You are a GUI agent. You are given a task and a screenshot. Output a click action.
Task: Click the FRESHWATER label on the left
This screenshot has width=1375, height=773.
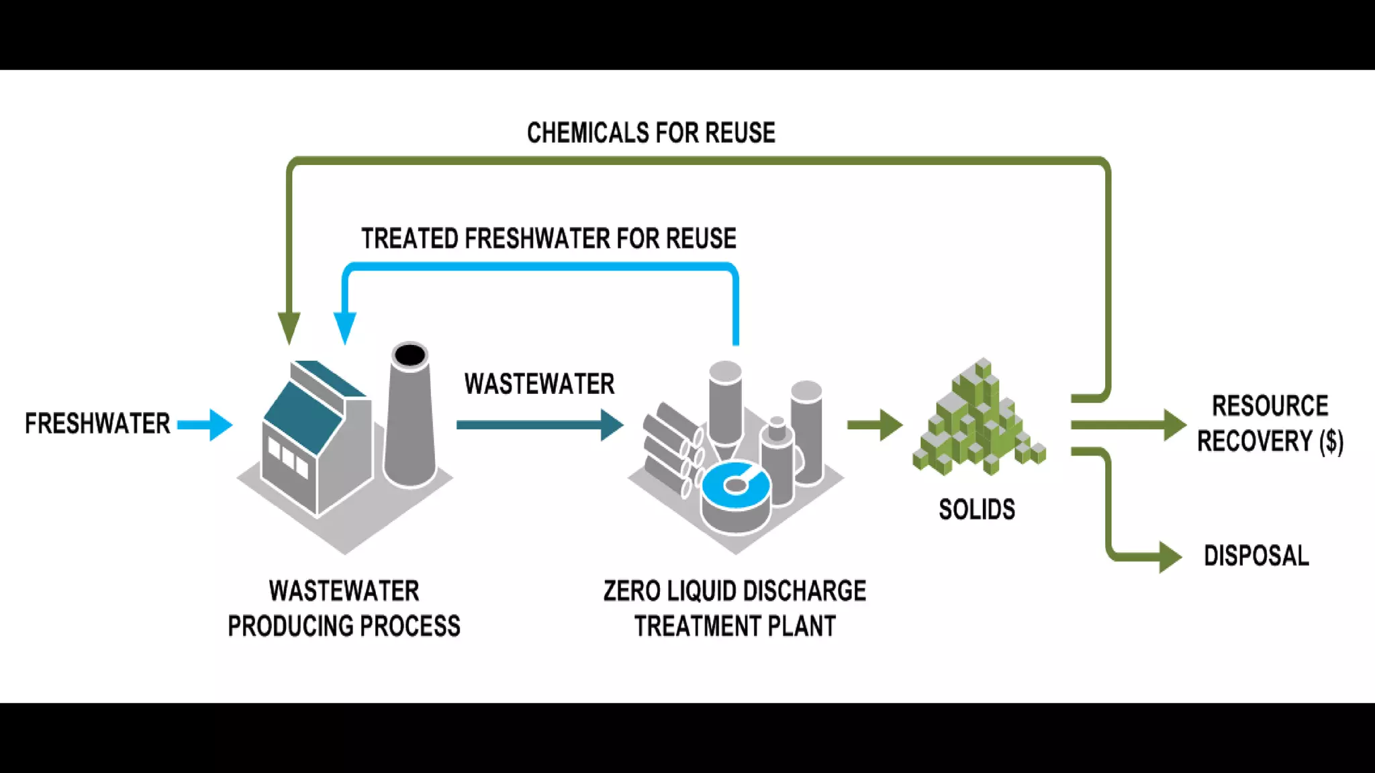(97, 424)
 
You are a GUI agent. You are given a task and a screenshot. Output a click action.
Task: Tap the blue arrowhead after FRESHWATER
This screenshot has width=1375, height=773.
(220, 425)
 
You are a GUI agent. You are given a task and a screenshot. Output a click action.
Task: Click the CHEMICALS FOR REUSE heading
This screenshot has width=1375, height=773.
(651, 133)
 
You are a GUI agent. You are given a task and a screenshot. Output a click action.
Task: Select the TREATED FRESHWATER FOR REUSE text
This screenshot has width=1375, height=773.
(549, 239)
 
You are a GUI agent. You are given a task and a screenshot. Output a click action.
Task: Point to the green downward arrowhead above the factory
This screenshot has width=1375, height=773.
(289, 327)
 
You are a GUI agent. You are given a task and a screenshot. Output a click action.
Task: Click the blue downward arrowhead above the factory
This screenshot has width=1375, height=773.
(345, 327)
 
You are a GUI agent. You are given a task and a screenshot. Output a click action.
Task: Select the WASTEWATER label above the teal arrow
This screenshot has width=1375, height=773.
(539, 384)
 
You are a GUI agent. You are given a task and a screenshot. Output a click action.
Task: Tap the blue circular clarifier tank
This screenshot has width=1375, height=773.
(736, 485)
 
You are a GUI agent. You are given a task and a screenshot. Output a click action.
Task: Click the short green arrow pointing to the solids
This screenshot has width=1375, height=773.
(874, 425)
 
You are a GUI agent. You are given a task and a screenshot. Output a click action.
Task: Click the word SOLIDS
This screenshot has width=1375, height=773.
(976, 510)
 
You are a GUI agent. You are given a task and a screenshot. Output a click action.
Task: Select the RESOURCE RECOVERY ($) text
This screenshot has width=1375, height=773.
(1270, 424)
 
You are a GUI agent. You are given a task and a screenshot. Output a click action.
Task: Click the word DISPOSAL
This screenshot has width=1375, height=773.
(1256, 556)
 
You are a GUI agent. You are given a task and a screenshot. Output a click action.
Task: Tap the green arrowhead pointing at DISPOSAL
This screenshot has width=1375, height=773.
(1169, 556)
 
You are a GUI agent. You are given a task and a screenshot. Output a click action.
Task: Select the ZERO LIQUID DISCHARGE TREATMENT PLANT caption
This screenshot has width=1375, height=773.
(734, 609)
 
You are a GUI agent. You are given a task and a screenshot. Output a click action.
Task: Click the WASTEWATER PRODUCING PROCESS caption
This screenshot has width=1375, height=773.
(344, 609)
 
